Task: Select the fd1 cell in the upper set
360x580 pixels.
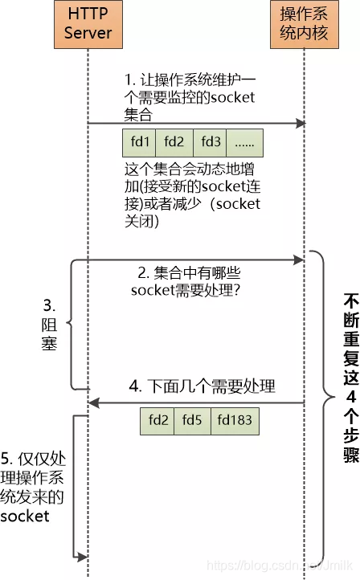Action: pos(140,142)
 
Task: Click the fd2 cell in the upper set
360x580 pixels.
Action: pos(174,142)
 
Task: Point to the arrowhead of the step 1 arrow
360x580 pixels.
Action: pos(301,123)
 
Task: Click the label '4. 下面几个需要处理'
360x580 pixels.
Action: pos(202,386)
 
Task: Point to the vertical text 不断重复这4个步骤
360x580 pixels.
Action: pos(350,377)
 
